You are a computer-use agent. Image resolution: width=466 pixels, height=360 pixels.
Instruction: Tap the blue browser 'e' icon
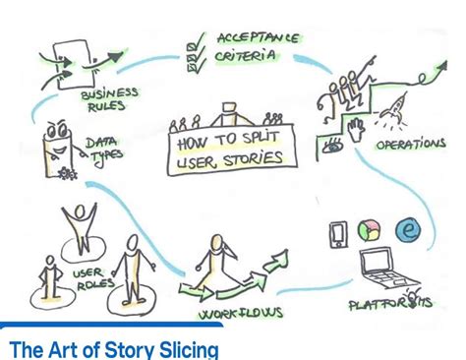(410, 229)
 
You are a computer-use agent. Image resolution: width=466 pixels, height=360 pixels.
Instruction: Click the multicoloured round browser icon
(371, 231)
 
